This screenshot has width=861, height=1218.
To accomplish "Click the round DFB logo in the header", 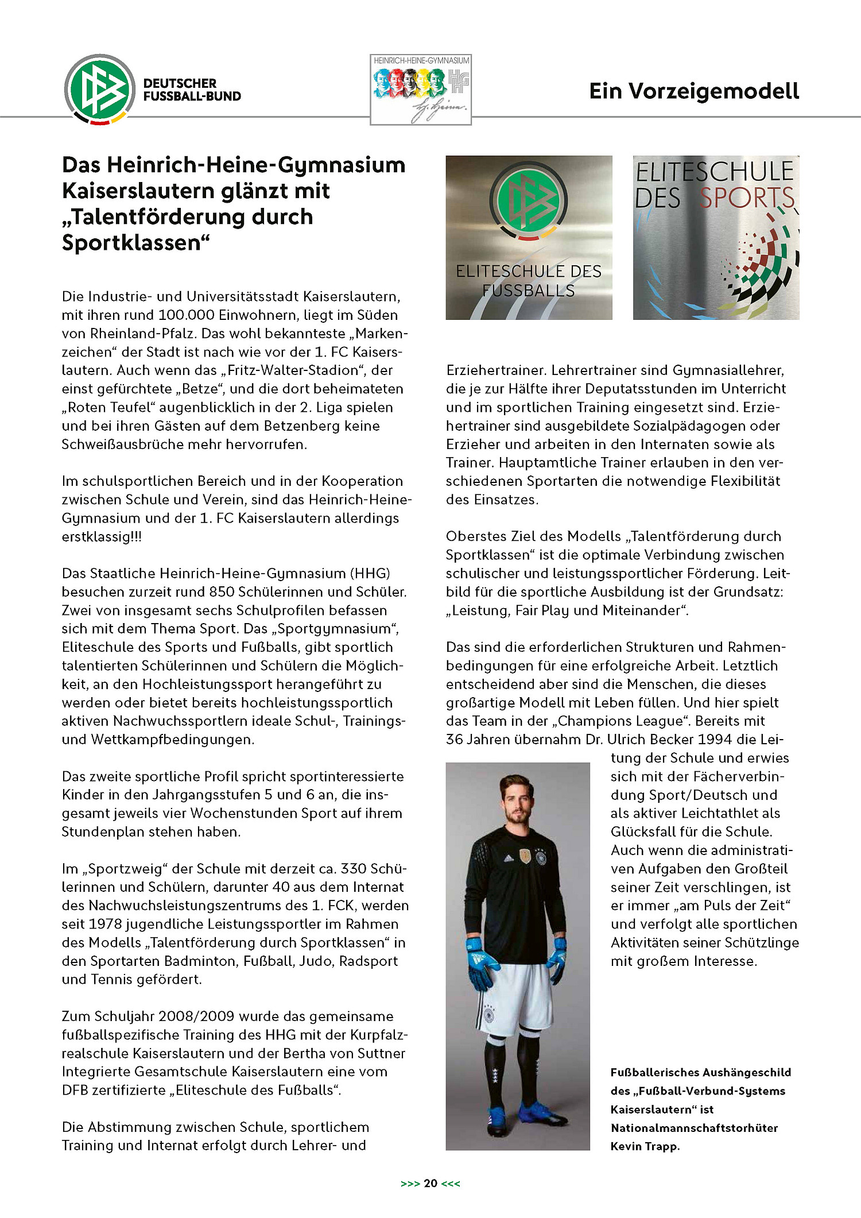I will click(x=100, y=89).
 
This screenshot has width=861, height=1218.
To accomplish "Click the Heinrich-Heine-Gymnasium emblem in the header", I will click(x=421, y=90).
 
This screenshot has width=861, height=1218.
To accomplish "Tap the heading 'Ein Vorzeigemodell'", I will click(x=694, y=91).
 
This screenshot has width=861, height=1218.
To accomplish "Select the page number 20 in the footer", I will click(x=430, y=1183).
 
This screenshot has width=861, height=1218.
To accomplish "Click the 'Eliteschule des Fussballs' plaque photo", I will click(x=529, y=238).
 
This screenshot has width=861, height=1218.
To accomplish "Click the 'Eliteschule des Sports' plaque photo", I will click(x=716, y=238).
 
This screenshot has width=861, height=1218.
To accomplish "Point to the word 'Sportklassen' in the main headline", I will click(x=131, y=243).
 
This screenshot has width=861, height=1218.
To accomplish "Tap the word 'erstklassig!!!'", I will click(x=102, y=537).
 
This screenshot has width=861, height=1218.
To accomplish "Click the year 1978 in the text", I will click(x=104, y=924).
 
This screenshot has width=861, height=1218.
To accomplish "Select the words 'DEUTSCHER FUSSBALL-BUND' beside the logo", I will click(x=192, y=90).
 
